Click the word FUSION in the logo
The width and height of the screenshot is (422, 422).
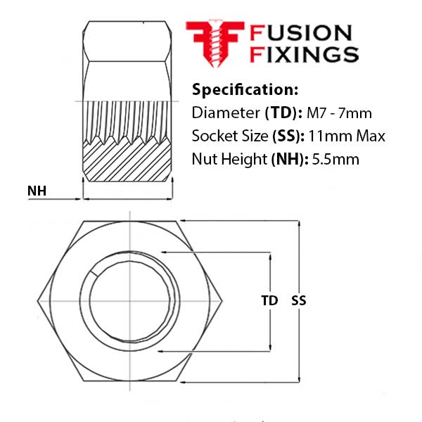(301, 33)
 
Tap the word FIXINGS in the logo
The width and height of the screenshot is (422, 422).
(304, 54)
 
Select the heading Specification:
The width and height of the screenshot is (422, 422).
(245, 89)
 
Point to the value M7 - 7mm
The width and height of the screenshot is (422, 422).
(339, 113)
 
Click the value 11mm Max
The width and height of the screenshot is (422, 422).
(347, 136)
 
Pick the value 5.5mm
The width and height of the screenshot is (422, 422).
(335, 159)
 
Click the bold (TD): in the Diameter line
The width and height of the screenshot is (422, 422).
(283, 113)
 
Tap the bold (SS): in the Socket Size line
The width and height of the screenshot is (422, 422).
(288, 136)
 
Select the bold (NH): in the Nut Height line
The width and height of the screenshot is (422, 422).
(290, 160)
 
